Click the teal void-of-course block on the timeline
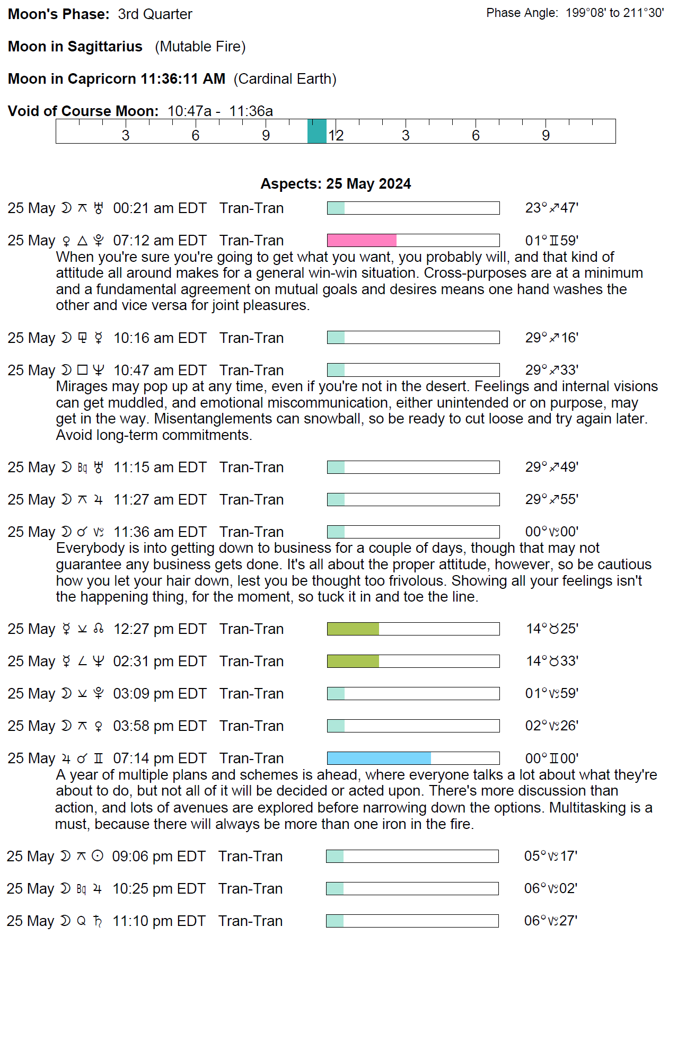(317, 131)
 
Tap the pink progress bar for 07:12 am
(362, 241)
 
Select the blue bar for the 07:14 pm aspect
(379, 758)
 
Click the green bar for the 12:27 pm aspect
(353, 629)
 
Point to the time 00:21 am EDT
(160, 208)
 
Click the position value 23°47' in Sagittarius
(551, 208)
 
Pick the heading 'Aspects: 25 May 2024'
(336, 184)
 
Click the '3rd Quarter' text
(155, 14)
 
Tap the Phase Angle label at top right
(522, 13)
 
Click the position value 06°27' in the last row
(550, 921)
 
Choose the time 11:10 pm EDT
(159, 921)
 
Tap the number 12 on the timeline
(336, 136)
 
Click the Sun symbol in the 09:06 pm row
(98, 856)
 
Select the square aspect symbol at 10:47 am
(82, 370)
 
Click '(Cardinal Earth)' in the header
(285, 79)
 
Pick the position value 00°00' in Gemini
(551, 758)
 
